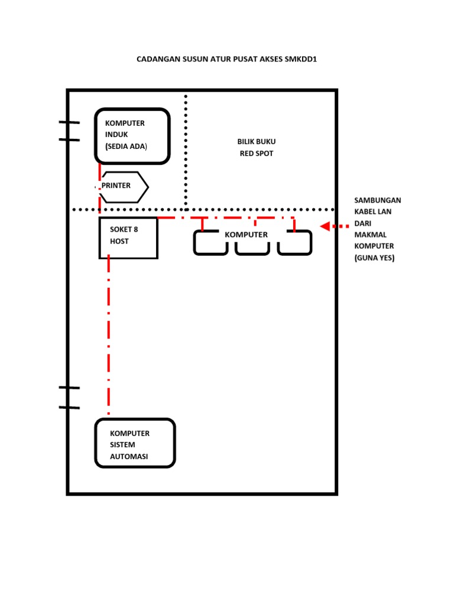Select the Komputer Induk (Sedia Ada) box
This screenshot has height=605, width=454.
point(132,135)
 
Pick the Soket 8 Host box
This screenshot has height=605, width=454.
point(128,238)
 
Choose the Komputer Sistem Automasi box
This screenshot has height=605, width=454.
point(135,443)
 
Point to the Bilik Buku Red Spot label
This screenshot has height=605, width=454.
point(257,148)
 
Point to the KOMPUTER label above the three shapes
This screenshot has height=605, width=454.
point(246,235)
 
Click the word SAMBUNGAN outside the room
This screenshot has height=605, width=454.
point(378,200)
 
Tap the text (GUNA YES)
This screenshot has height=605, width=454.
point(374,258)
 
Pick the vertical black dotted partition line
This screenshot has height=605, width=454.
point(186,148)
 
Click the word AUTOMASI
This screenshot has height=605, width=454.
point(129,457)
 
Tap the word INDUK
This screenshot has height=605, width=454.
point(116,135)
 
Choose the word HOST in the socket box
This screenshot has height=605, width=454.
point(119,242)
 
